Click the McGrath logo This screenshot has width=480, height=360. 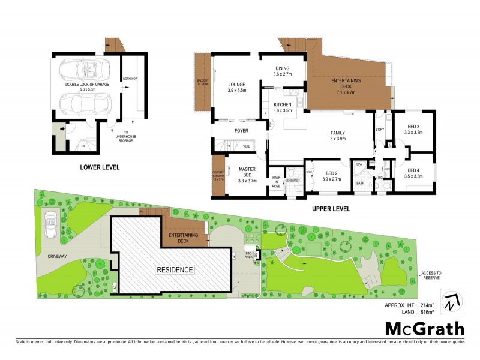[x=424, y=328]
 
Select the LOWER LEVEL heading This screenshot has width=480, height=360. [x=100, y=167]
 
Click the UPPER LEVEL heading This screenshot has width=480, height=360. [x=330, y=209]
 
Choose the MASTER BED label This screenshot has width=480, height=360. [x=247, y=173]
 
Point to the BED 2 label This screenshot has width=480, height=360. [x=332, y=175]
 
